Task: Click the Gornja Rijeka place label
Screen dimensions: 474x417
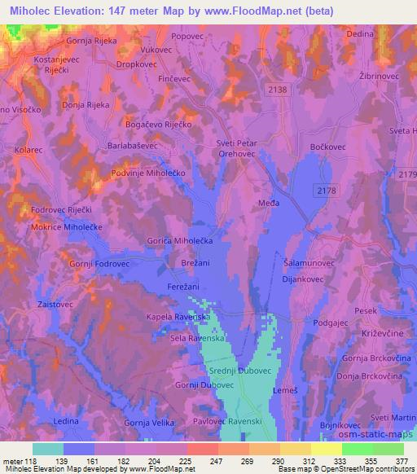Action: click(x=86, y=40)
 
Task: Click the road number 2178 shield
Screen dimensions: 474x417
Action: click(x=325, y=190)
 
